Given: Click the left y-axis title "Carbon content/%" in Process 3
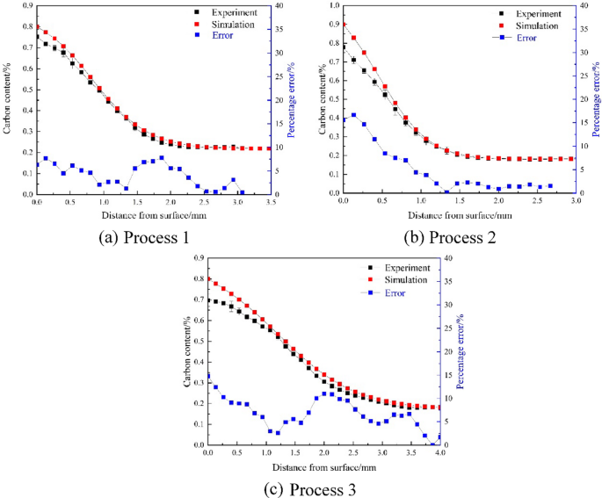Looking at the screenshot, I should (186, 351).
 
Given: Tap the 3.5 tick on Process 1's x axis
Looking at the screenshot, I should (272, 202).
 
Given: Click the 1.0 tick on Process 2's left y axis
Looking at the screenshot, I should (333, 6).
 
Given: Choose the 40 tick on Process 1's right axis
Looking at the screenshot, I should (284, 6).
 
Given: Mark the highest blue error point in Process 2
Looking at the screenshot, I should (354, 115).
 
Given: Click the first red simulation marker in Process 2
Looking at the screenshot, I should (344, 25).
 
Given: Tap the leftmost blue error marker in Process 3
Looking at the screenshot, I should (208, 376).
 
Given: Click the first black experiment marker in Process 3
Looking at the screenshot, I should (208, 300).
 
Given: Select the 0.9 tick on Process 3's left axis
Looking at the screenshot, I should (199, 258).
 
